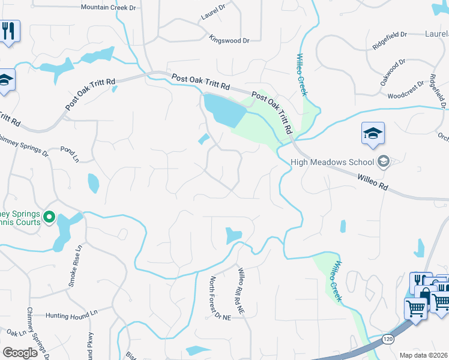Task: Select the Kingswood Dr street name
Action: point(229,40)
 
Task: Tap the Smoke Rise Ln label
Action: point(74,265)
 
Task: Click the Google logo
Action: point(20,353)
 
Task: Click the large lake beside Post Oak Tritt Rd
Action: point(223,110)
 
